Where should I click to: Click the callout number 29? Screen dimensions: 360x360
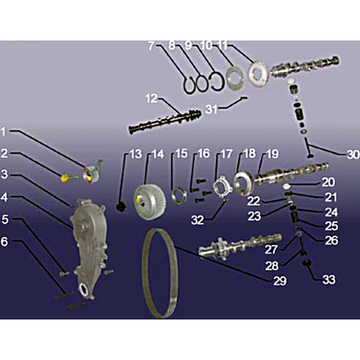coord(280,281)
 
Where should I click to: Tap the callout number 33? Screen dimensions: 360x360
coord(328,279)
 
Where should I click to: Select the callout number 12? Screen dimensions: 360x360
coord(151,98)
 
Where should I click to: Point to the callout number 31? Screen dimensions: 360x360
coord(211,109)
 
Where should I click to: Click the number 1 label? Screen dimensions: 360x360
coord(3,132)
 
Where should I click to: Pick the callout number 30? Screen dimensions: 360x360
coord(353,154)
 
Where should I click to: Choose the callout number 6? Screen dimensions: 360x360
coord(4,241)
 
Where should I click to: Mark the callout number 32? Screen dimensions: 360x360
coord(197,220)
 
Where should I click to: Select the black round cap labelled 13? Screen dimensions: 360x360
coord(121,207)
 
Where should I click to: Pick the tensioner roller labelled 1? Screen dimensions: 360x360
coord(92,172)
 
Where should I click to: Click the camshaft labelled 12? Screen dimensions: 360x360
coord(165,121)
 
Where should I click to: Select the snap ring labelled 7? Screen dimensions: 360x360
coord(189,85)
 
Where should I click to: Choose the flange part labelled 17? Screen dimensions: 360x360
coord(223,187)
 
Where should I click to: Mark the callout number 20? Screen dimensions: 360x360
coord(328,182)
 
